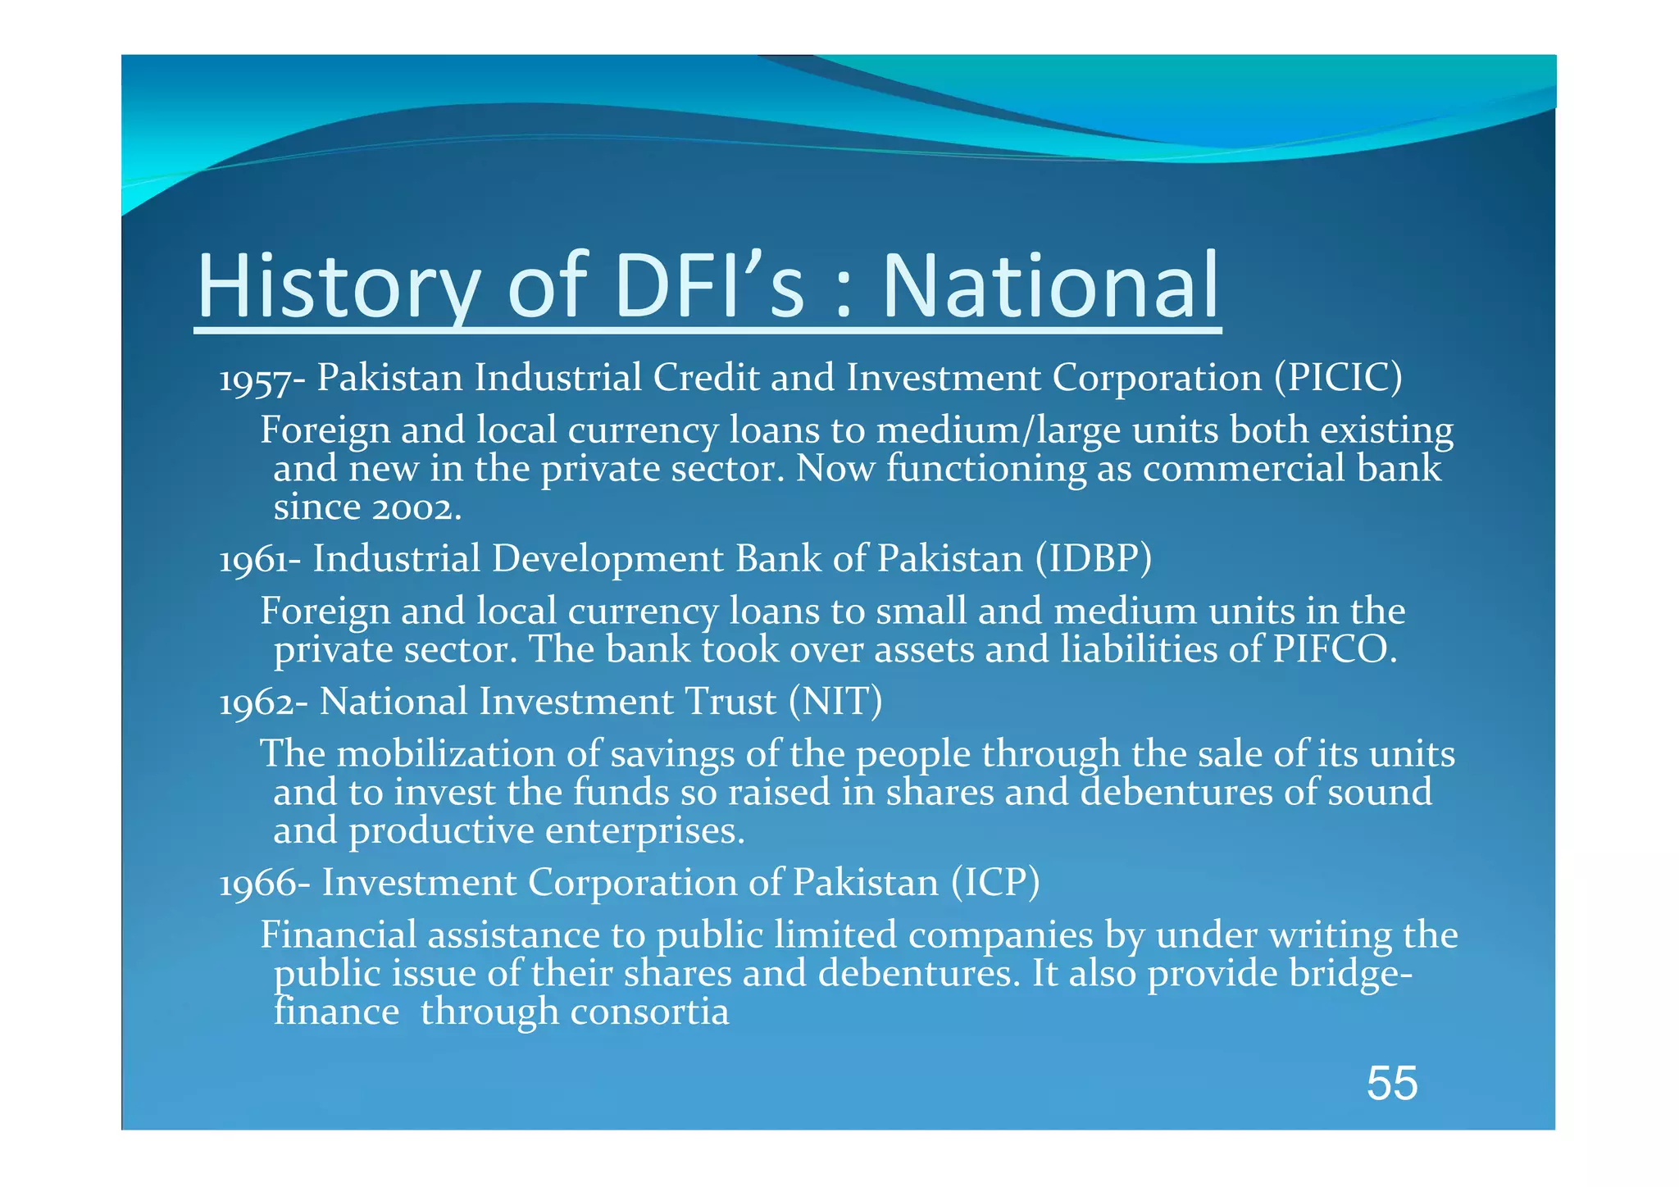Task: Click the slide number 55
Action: click(x=1391, y=1083)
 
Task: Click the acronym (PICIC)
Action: click(x=1338, y=378)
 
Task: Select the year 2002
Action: click(x=416, y=508)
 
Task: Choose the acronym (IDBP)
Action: click(x=1093, y=559)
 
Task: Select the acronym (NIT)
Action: click(x=835, y=702)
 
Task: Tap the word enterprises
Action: click(x=644, y=831)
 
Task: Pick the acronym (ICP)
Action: click(x=995, y=883)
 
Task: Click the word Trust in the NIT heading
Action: click(x=730, y=702)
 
